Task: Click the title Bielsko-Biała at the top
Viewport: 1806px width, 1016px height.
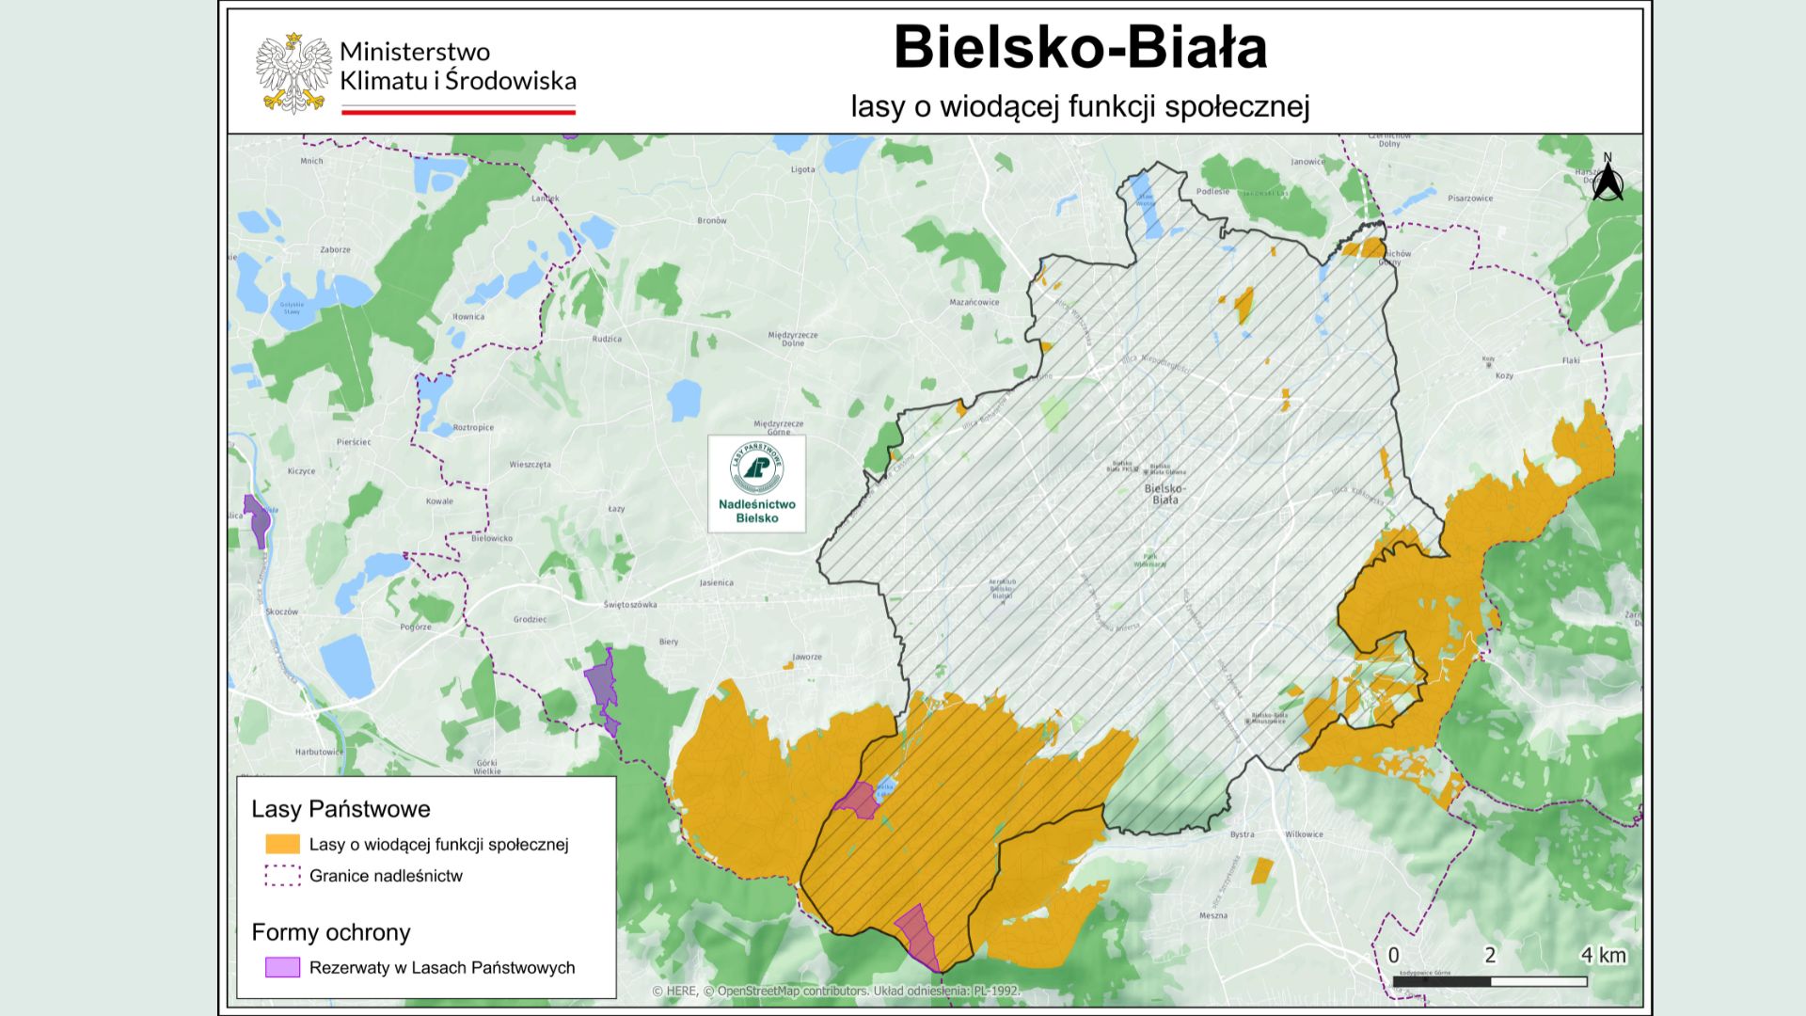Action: (x=1080, y=48)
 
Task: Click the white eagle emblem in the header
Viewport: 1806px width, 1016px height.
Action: (x=293, y=73)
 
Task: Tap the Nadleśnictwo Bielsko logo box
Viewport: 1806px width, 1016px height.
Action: (x=756, y=484)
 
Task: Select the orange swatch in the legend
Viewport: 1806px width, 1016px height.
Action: (x=282, y=844)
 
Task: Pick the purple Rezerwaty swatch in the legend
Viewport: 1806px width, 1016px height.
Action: (x=282, y=967)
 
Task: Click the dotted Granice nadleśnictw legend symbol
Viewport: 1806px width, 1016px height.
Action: (x=282, y=876)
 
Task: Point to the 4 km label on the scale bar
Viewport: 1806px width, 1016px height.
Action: (x=1603, y=956)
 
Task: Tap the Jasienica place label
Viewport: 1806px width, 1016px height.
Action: (x=716, y=583)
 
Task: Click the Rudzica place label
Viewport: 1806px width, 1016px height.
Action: (x=607, y=339)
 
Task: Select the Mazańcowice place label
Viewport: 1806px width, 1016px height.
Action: (x=974, y=303)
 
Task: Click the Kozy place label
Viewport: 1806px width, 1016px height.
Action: (x=1504, y=375)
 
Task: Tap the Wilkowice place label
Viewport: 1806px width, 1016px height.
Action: (x=1304, y=834)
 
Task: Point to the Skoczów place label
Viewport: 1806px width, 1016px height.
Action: (x=281, y=611)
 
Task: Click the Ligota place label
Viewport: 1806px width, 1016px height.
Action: (x=803, y=170)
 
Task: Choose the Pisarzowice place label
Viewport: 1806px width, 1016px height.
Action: (x=1470, y=198)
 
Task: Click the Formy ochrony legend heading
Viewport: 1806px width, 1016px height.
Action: (x=331, y=932)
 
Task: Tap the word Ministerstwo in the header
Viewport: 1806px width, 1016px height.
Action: (x=414, y=52)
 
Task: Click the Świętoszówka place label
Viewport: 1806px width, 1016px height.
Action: (x=630, y=605)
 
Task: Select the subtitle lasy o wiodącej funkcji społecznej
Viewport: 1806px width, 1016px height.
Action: (x=1080, y=106)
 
